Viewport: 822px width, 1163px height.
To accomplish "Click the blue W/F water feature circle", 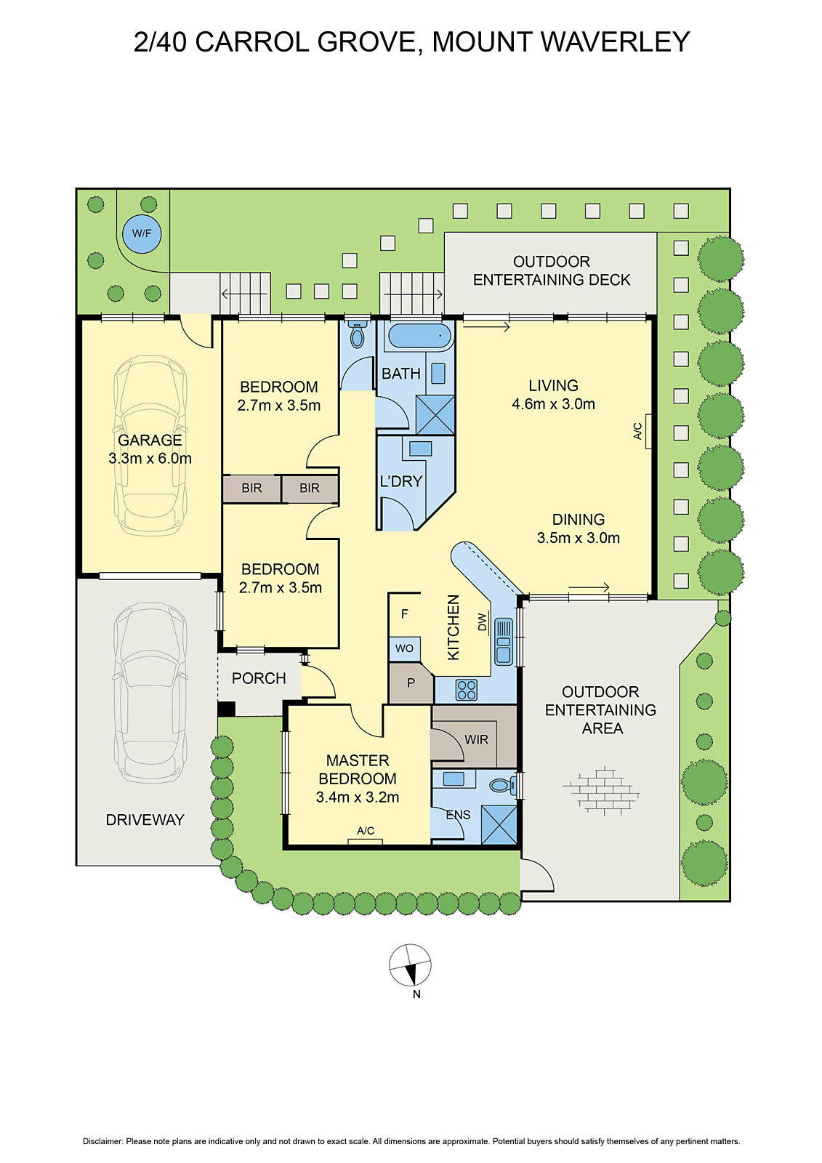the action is [142, 233].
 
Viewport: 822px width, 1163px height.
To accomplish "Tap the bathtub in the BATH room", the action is [419, 335].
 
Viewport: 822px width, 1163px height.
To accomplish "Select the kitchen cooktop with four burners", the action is [467, 690].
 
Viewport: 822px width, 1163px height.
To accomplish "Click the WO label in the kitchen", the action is [405, 648].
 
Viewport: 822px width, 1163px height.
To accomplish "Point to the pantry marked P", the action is [411, 683].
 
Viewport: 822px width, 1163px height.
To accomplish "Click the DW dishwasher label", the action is [483, 622].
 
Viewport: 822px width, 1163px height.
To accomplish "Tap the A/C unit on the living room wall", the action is [648, 431].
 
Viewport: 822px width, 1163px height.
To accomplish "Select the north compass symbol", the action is [410, 965].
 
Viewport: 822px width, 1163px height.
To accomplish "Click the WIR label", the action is [476, 739].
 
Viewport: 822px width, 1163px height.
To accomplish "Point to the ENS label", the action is [458, 815].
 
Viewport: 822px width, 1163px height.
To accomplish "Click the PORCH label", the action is [259, 678].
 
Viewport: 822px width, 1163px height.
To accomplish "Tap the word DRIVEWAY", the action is [145, 819].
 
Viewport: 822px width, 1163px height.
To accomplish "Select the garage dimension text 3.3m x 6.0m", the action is [150, 458].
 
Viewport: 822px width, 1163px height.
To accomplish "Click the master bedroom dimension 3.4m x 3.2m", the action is [358, 797].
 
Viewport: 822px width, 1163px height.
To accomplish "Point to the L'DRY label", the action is [401, 481].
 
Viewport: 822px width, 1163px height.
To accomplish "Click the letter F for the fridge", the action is [405, 613].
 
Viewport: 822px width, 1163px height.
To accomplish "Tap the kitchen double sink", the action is [504, 642].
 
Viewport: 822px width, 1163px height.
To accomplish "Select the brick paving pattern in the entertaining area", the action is [602, 791].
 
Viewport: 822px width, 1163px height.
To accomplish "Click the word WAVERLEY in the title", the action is [616, 41].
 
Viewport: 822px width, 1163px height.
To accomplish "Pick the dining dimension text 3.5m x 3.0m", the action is [579, 537].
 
